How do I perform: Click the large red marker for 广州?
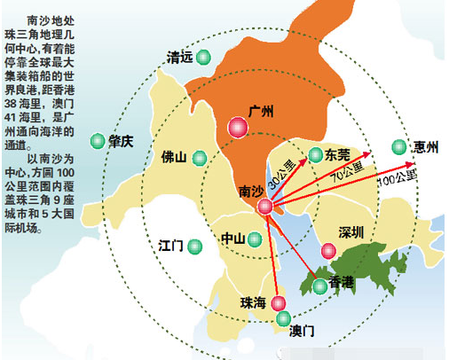point(237,127)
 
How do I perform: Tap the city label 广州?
point(261,111)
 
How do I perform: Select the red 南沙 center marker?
point(265,207)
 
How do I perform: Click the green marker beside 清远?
point(204,58)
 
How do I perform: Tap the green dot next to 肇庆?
point(97,139)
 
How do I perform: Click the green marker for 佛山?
point(200,158)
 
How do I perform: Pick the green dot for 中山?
point(255,239)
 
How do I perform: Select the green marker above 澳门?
point(283,318)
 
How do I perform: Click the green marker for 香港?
point(319,286)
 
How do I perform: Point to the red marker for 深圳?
point(328,251)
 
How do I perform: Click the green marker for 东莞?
point(315,155)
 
